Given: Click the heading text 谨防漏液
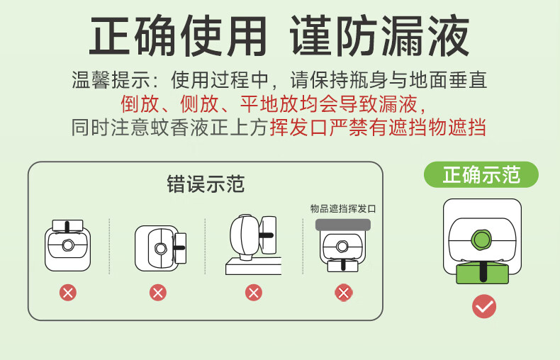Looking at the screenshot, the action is point(381,36).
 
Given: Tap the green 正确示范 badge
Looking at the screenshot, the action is point(481,175).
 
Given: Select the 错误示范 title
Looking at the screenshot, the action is point(206,185).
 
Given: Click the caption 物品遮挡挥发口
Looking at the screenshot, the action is point(343,208).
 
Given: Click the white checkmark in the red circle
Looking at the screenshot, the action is point(484,306).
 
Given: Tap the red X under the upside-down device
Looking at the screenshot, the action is point(68,292).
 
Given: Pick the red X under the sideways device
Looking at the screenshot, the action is point(158,292).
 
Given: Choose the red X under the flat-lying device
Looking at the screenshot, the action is point(253,292).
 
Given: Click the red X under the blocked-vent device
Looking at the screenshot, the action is point(344,292).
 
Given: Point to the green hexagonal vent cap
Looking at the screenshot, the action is point(482,240).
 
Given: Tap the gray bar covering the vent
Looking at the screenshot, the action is point(343,224).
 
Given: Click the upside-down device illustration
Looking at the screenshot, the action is point(68,244).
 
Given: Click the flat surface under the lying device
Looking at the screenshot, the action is point(253,266).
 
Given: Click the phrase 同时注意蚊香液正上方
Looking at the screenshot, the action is point(170,128).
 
